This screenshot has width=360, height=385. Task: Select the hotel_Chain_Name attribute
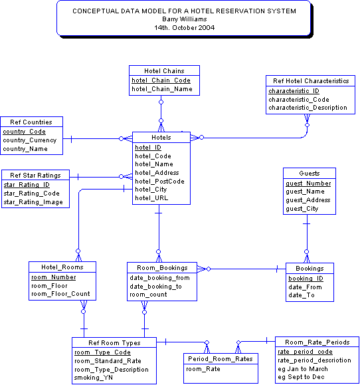(161, 88)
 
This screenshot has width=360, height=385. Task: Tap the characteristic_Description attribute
(307, 108)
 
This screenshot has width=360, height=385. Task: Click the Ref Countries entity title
(32, 122)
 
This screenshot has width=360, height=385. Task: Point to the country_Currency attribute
(29, 140)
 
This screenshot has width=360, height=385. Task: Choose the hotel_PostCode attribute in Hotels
(159, 181)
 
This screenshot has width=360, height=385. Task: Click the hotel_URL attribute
(152, 197)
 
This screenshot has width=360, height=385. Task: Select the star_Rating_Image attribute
(33, 202)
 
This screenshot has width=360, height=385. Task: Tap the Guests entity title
(310, 173)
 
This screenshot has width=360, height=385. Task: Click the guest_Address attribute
(308, 200)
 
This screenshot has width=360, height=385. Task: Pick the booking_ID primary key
(306, 279)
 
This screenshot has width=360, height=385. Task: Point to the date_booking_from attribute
(159, 278)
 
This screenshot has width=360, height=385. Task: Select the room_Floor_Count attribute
(60, 294)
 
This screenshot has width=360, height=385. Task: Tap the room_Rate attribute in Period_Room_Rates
(203, 368)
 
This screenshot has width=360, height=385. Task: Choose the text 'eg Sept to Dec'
(301, 377)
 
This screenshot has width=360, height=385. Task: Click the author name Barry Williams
(183, 19)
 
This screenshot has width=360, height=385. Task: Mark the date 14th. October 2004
(183, 28)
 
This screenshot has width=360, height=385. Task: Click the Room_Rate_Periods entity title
(317, 342)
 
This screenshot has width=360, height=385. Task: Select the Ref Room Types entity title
(114, 342)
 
